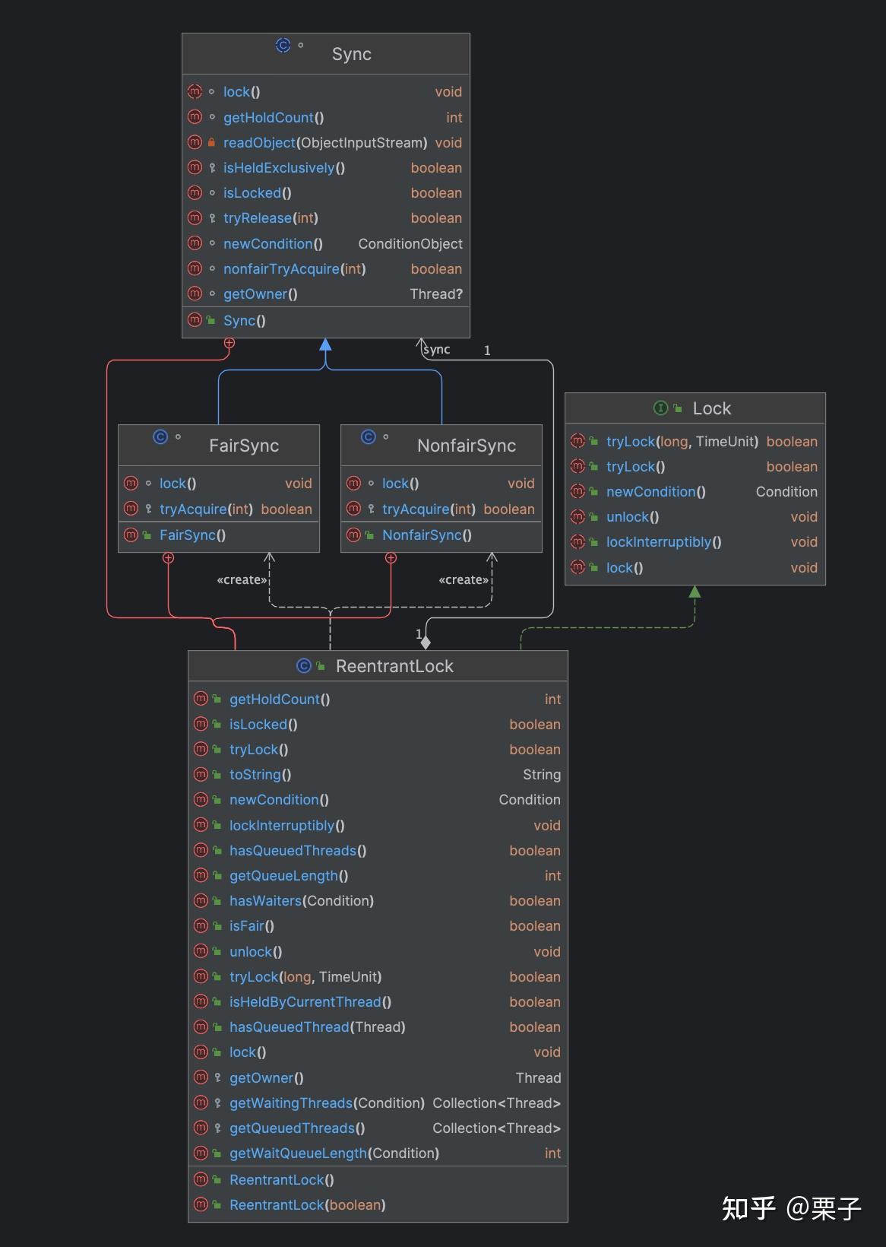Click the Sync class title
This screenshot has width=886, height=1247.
coord(351,54)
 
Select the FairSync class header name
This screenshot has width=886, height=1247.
coord(243,446)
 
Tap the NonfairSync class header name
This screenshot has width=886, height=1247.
coord(466,446)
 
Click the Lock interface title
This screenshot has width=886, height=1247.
coord(711,408)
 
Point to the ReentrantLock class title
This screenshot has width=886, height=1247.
coord(394,666)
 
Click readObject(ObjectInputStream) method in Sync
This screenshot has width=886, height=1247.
coord(324,142)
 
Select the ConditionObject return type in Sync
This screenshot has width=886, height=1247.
coord(410,243)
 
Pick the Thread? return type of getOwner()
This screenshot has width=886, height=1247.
coord(435,294)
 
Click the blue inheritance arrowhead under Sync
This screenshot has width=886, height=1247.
coord(325,345)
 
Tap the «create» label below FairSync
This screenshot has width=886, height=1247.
coord(242,579)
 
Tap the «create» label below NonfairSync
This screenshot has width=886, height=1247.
coord(464,579)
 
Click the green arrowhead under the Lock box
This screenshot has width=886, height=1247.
coord(695,592)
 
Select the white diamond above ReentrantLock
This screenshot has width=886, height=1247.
coord(426,643)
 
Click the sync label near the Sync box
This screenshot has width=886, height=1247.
coord(436,349)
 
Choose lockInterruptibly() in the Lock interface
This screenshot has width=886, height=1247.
coord(663,541)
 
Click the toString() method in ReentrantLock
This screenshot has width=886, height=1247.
coord(260,774)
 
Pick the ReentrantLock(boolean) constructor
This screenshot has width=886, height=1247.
coord(307,1204)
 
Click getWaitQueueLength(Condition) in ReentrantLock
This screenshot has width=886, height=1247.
coord(334,1153)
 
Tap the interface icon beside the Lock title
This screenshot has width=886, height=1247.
coord(660,408)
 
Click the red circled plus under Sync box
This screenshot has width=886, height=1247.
coord(229,344)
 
